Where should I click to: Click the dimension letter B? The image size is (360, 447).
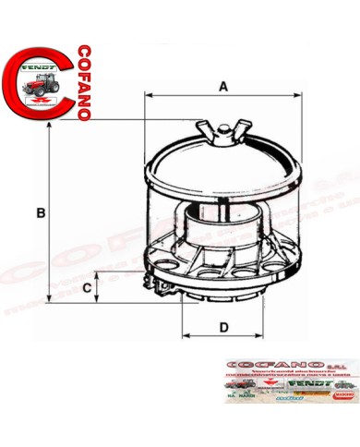(40, 213)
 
